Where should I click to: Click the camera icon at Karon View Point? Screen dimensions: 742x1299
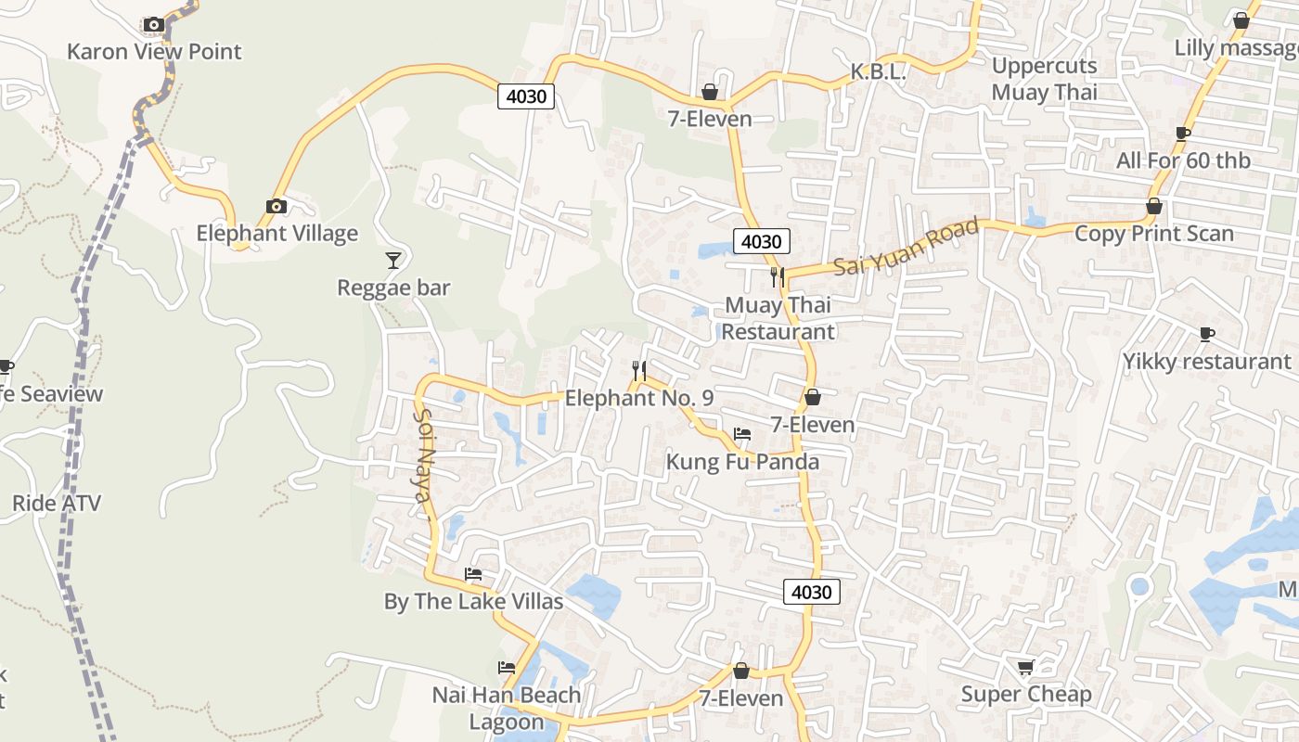click(154, 25)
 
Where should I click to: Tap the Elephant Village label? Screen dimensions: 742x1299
click(277, 233)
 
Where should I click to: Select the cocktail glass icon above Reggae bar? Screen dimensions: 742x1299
click(393, 261)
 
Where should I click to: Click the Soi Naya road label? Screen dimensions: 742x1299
click(423, 455)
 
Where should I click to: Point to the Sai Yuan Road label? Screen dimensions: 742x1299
click(906, 247)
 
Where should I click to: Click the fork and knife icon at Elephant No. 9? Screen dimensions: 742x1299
click(638, 371)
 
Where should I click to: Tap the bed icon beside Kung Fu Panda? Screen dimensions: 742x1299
click(741, 434)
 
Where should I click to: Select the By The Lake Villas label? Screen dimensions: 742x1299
click(473, 601)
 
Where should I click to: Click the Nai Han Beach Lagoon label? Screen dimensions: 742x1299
click(507, 708)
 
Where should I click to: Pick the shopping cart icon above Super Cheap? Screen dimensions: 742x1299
click(1025, 667)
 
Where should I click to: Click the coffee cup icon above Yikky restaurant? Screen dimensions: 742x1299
click(1206, 334)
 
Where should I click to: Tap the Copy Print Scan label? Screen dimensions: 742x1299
click(1153, 233)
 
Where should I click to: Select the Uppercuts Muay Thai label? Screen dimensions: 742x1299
click(1044, 79)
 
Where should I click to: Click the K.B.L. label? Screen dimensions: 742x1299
click(878, 71)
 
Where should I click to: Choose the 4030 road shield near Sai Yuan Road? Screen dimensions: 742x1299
click(762, 241)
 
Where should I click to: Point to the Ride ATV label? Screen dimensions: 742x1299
click(56, 504)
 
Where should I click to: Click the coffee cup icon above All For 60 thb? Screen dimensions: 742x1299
click(1182, 134)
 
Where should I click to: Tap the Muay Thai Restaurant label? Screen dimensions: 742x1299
click(778, 318)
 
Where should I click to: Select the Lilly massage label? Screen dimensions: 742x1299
click(1235, 47)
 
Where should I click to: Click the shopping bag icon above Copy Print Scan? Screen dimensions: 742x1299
click(1154, 206)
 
